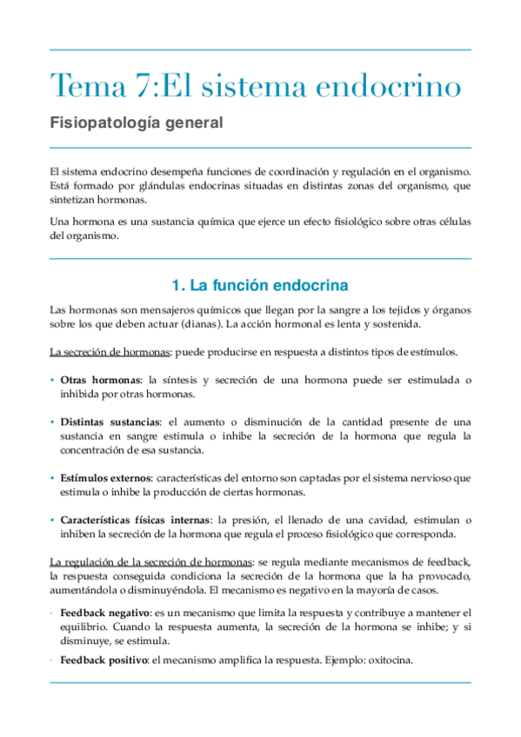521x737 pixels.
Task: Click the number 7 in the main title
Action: click(x=144, y=86)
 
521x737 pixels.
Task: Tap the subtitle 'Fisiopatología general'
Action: click(x=137, y=123)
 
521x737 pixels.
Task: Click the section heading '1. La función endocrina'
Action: click(x=260, y=285)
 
